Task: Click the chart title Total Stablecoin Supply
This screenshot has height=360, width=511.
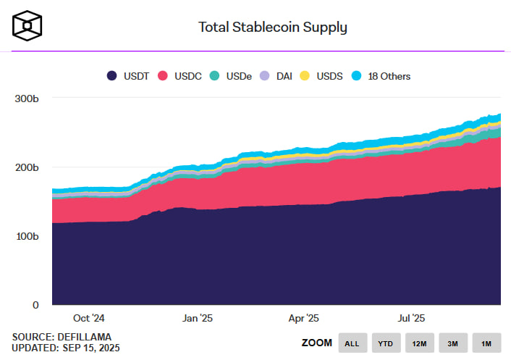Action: tap(273, 28)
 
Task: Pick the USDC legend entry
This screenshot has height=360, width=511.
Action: tap(182, 75)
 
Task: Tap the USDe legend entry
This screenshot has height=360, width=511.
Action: tap(232, 75)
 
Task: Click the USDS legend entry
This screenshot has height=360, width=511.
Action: tap(322, 75)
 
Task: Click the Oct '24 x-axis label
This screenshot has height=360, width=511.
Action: tap(89, 318)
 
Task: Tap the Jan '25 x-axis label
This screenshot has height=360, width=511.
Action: tap(198, 318)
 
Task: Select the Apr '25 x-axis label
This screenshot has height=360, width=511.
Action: tap(304, 318)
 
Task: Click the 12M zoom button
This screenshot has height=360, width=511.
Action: tap(420, 343)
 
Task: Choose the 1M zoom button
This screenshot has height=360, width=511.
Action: tap(486, 343)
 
